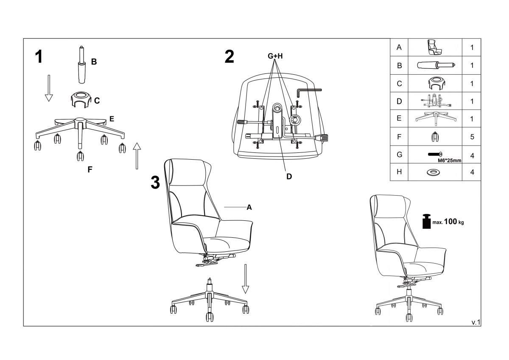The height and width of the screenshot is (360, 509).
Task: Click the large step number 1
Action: [x=39, y=56]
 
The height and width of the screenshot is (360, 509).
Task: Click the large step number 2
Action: [x=229, y=56]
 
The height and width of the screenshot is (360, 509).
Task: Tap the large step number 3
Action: [x=155, y=183]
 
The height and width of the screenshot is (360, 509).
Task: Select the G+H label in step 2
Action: [x=275, y=56]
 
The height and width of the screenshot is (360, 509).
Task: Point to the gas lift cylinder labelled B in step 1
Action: [x=81, y=65]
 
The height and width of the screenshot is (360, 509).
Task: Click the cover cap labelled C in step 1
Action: [x=81, y=100]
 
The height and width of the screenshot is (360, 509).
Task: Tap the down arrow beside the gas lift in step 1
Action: [x=49, y=88]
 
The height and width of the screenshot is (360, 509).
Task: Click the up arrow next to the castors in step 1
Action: [x=137, y=156]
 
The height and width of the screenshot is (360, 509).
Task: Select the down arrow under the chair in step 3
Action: [x=246, y=279]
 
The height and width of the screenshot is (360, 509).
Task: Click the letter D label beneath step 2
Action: [x=289, y=177]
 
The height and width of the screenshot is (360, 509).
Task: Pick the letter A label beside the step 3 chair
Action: [x=249, y=208]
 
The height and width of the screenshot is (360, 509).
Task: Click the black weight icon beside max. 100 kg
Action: [x=427, y=221]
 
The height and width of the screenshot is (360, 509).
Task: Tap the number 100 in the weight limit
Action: [x=450, y=221]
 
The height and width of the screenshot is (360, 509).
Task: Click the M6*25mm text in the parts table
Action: [x=450, y=160]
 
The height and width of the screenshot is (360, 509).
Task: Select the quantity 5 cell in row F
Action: [x=472, y=137]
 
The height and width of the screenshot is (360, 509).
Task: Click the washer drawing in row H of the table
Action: [x=433, y=172]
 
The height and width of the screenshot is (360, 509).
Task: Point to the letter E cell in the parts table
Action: [x=399, y=118]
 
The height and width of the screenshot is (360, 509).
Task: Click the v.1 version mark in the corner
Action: [x=476, y=323]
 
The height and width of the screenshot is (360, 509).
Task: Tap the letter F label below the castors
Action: [x=90, y=169]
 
